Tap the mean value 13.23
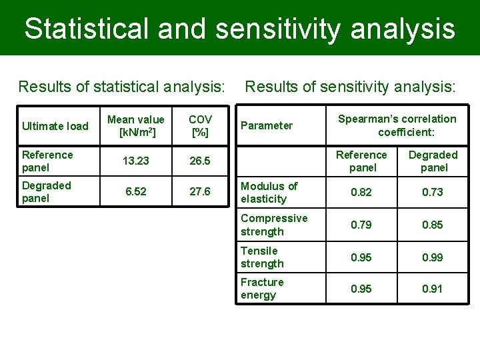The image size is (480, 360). click(135, 161)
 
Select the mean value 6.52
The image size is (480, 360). click(135, 192)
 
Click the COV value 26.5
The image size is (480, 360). click(199, 161)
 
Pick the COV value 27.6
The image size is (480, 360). click(199, 192)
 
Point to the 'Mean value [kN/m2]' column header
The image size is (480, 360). click(135, 125)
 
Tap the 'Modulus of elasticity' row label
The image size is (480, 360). click(269, 193)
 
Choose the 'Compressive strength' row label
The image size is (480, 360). click(274, 225)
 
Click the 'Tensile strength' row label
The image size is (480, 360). click(262, 257)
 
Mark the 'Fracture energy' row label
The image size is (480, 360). click(262, 289)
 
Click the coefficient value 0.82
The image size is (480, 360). click(362, 193)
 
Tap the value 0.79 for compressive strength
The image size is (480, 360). click(362, 225)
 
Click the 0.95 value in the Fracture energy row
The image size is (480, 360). click(362, 289)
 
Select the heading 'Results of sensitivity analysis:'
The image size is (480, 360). click(351, 87)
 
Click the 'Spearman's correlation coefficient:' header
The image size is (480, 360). click(397, 125)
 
